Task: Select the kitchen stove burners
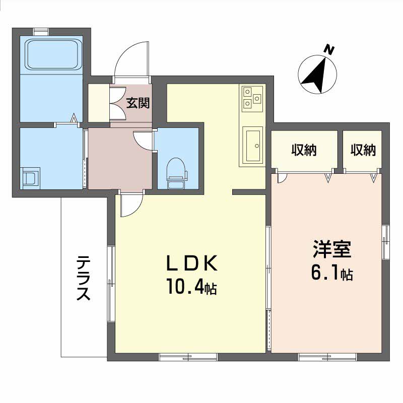[x=252, y=98]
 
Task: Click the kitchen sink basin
[x=252, y=145]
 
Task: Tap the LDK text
[x=191, y=263]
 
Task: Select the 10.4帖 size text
[x=191, y=287]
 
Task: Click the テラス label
[x=84, y=279]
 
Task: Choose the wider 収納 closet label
[x=304, y=150]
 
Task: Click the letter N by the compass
[x=329, y=49]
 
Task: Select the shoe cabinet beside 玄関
[x=99, y=104]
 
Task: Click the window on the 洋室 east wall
[x=386, y=241]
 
